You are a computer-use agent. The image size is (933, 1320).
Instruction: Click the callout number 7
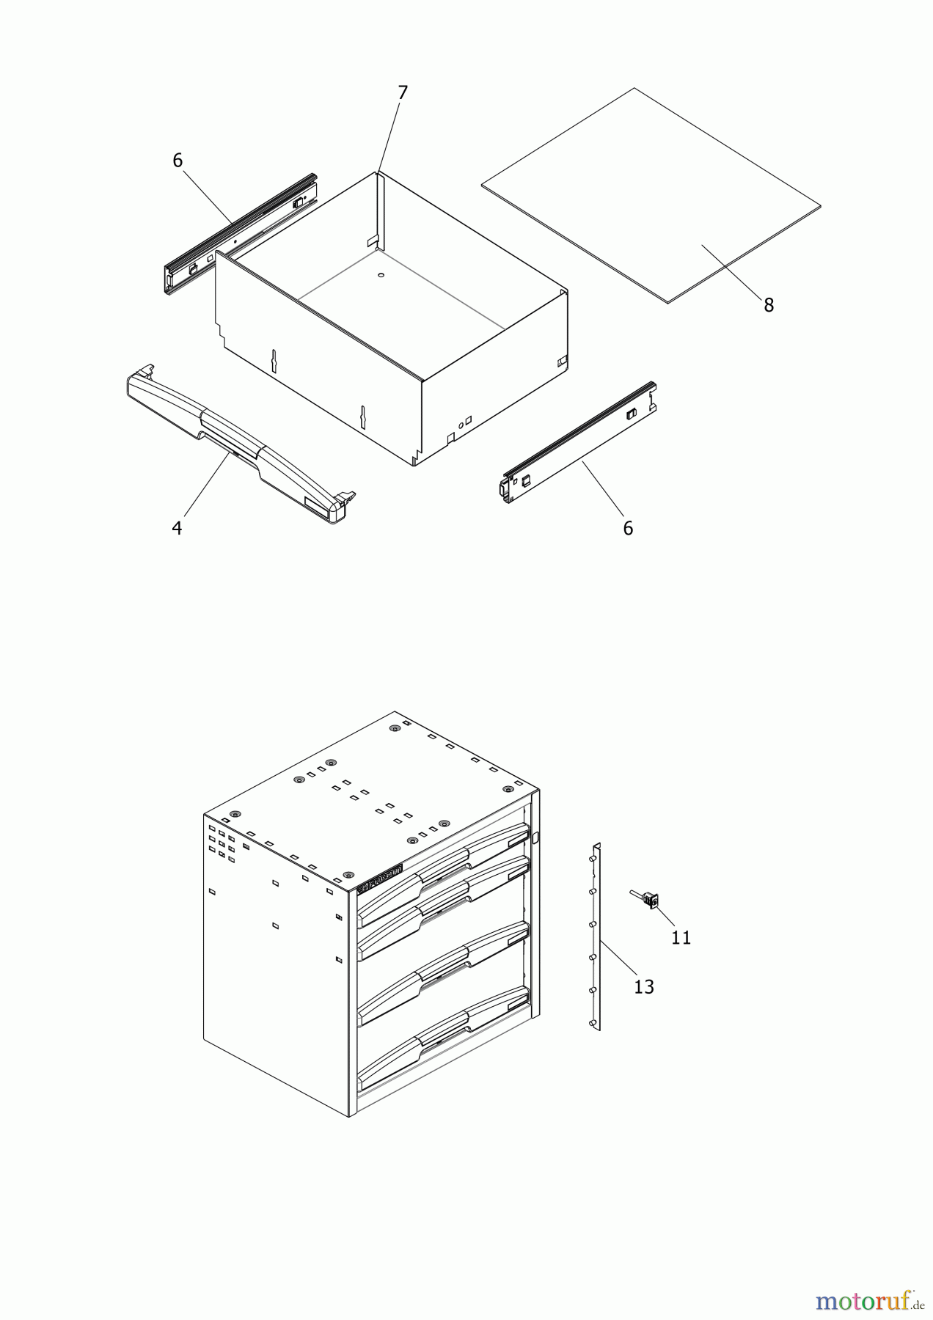(402, 93)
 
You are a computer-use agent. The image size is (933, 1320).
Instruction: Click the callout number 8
(768, 305)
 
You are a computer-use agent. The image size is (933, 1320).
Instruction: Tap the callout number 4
(177, 528)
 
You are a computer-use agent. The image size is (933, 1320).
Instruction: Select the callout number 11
(681, 937)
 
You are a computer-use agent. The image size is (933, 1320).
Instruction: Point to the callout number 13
(643, 987)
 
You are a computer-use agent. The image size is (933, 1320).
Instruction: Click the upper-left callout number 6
(178, 161)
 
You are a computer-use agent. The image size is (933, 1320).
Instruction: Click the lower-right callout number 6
(628, 528)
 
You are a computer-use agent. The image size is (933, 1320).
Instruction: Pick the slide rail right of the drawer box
(579, 444)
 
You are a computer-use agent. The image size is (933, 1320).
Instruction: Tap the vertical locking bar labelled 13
(596, 939)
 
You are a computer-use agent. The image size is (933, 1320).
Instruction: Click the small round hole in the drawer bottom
(381, 275)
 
